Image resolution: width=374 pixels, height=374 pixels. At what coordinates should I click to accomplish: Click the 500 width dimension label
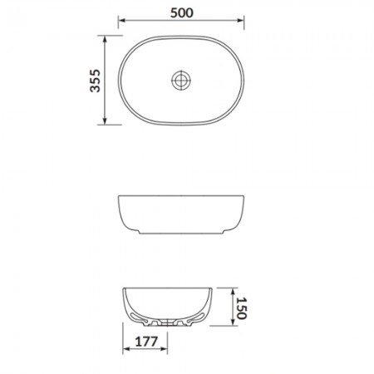coord(182,12)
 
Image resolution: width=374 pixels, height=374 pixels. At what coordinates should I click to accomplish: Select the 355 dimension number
coord(96,81)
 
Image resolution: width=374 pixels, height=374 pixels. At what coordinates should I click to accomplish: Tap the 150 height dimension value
coord(242,308)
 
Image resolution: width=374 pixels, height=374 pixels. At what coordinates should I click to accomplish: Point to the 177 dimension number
coord(146,342)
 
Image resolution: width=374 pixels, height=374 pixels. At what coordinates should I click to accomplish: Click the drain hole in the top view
coord(181,80)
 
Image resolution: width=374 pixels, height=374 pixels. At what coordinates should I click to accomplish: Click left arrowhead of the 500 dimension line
coord(121,20)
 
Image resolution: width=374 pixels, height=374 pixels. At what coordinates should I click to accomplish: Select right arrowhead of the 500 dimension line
coord(240,20)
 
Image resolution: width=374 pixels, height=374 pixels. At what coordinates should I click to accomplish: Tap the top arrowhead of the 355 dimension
coord(105,38)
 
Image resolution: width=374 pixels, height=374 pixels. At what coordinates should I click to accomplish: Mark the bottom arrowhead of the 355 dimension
coord(105,121)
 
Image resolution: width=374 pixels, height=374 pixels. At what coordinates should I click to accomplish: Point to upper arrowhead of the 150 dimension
coord(233,291)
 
